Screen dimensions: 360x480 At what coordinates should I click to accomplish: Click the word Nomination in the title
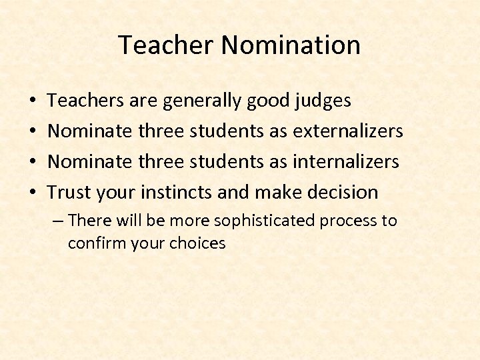(291, 45)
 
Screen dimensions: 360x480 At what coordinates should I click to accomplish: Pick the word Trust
(69, 193)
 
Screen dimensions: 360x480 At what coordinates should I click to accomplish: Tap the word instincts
(174, 193)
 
